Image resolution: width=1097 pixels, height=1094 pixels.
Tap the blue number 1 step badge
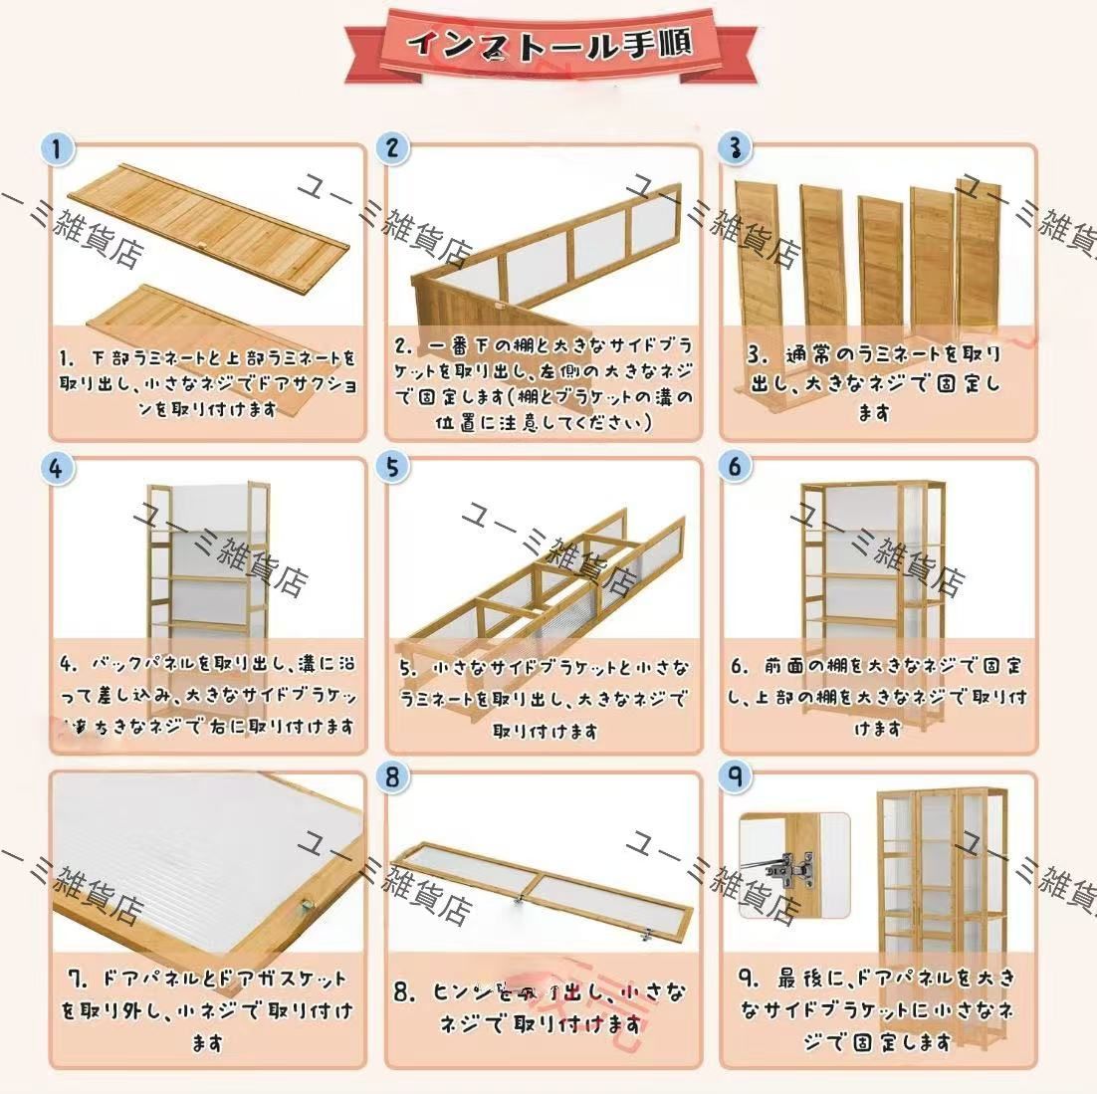pos(58,149)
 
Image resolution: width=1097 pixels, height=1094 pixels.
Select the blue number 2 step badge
pos(392,148)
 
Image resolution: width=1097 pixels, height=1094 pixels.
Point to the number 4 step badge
pos(57,467)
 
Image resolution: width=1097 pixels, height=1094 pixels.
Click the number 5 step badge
pos(392,467)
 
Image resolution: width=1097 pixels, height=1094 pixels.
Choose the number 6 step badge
pos(735,466)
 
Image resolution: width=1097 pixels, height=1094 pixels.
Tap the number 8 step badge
pos(392,776)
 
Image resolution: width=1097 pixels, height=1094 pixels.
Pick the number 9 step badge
pos(735,776)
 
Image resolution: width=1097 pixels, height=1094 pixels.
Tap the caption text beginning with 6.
pos(876,696)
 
